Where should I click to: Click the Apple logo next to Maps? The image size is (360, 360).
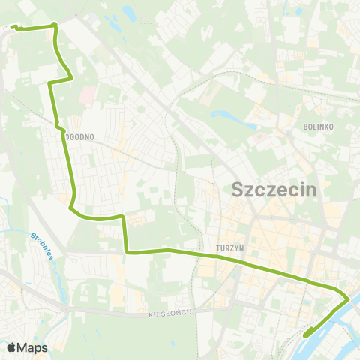coord(11,347)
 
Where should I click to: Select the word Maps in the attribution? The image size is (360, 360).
coord(33,347)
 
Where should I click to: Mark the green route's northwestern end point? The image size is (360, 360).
coord(13,28)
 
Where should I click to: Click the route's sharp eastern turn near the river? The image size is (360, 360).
coord(349,299)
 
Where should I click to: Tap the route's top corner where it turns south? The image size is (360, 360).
coord(54,26)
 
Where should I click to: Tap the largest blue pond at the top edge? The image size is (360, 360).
coord(127,13)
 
